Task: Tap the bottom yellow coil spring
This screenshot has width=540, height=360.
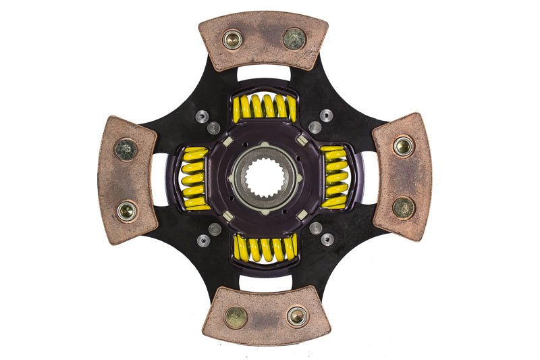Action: [x=265, y=248]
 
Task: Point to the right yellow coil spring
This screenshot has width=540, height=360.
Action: [x=335, y=177]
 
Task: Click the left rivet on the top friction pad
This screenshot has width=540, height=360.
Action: [x=233, y=40]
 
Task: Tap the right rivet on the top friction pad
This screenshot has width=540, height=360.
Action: [x=294, y=38]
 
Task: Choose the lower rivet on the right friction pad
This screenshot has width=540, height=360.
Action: [x=404, y=207]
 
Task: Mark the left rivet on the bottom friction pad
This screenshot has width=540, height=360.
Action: [x=236, y=317]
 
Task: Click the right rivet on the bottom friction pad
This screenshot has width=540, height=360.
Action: [x=296, y=315]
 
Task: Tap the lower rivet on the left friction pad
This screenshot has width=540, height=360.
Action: [x=126, y=211]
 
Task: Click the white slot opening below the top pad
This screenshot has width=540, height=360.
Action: [x=265, y=75]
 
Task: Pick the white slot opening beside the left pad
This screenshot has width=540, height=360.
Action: [x=161, y=178]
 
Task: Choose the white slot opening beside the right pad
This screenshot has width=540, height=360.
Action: [x=369, y=178]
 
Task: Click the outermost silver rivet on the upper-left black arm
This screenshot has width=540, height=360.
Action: [x=201, y=116]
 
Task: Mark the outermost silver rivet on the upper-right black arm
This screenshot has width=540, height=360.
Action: [x=327, y=115]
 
